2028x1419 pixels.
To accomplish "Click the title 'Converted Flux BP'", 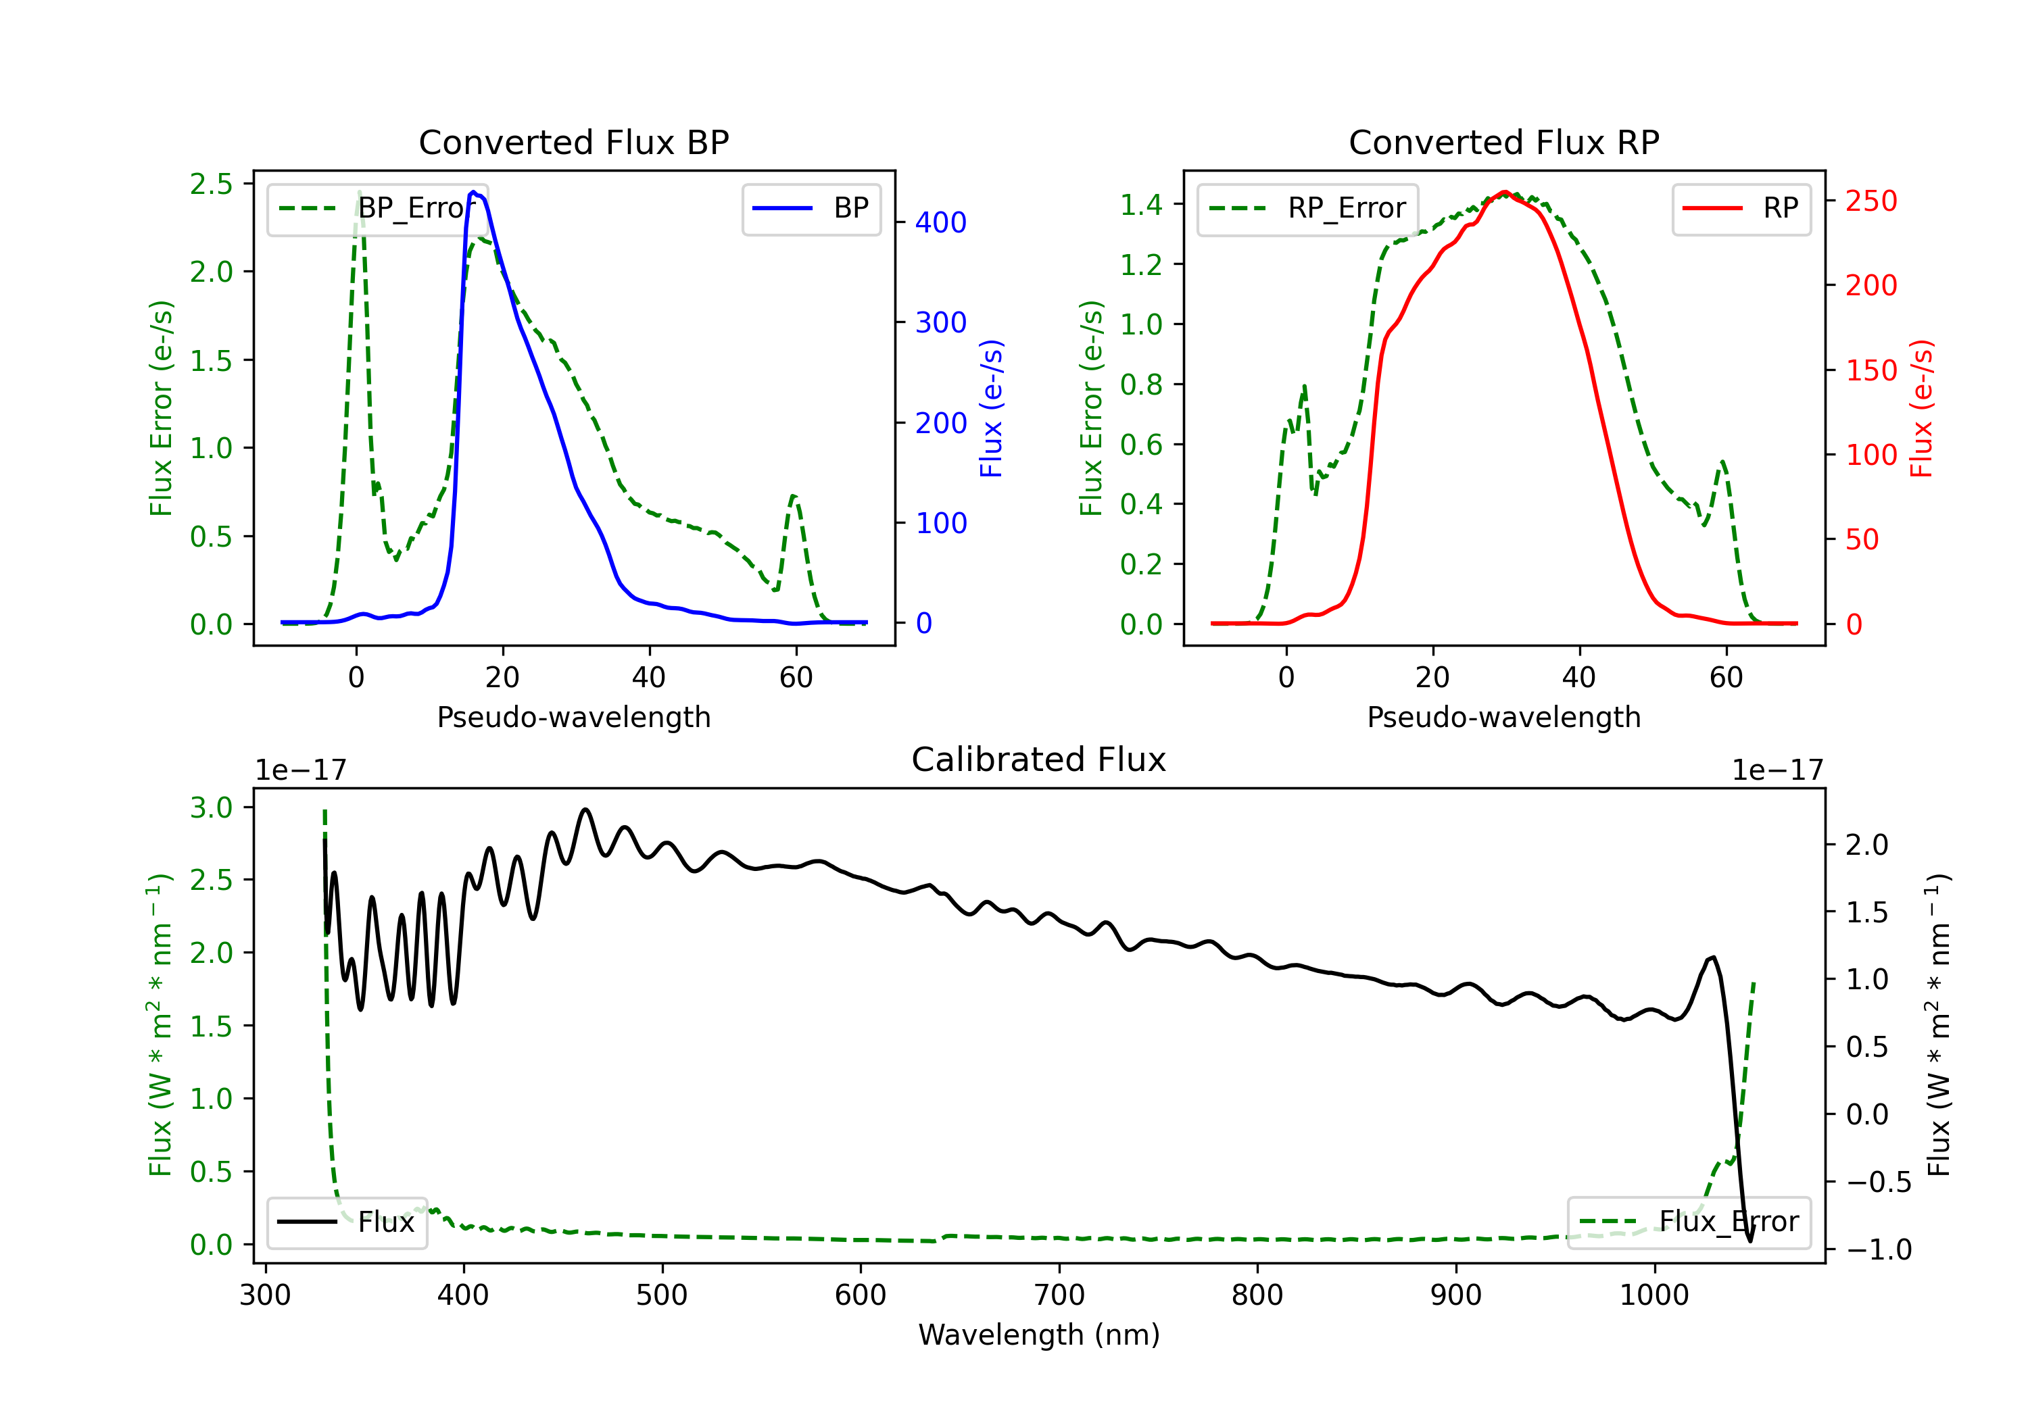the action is (574, 142).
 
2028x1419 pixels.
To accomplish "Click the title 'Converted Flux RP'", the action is (1504, 142).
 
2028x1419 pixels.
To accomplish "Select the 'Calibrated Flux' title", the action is (1039, 760).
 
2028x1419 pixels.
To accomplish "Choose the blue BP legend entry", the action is (811, 208).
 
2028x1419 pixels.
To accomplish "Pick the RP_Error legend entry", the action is (1307, 208).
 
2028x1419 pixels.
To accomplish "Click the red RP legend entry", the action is (1741, 208).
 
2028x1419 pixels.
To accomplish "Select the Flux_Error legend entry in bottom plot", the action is (1689, 1222).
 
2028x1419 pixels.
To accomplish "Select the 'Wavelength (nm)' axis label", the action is (1039, 1335).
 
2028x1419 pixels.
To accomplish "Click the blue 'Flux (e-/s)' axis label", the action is (992, 408).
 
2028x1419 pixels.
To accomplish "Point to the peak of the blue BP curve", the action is (473, 192).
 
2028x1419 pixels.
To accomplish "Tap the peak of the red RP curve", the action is (1505, 192).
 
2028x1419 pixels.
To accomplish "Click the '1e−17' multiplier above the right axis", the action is (1777, 770).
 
